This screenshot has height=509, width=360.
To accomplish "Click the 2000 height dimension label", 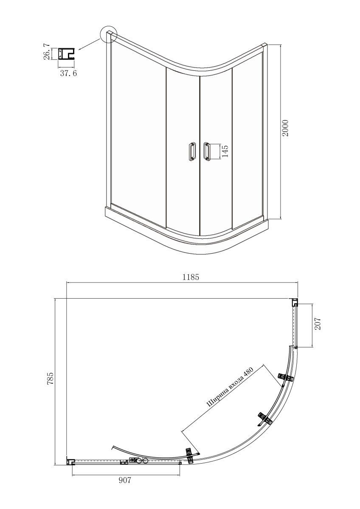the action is (x=285, y=128).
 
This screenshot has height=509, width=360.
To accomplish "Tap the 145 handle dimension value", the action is (x=225, y=151).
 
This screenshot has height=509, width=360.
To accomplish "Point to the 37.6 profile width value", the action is (x=68, y=73).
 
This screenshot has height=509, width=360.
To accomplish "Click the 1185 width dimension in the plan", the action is (x=191, y=277).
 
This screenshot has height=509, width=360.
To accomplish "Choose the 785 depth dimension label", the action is (x=50, y=378).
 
